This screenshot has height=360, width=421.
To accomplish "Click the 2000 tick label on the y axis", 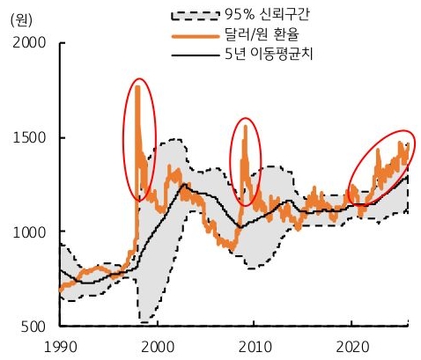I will coord(31,43).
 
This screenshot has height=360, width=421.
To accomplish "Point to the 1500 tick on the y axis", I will coord(31,137).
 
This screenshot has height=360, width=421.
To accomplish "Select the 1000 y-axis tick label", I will coord(31,231).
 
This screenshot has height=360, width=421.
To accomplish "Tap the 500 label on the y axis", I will coord(36,327).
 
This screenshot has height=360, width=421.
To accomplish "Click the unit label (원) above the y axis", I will coord(19,19).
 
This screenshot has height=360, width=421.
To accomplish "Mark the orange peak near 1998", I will coord(137,86).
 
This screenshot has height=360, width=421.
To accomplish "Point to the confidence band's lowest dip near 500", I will coord(143,320).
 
